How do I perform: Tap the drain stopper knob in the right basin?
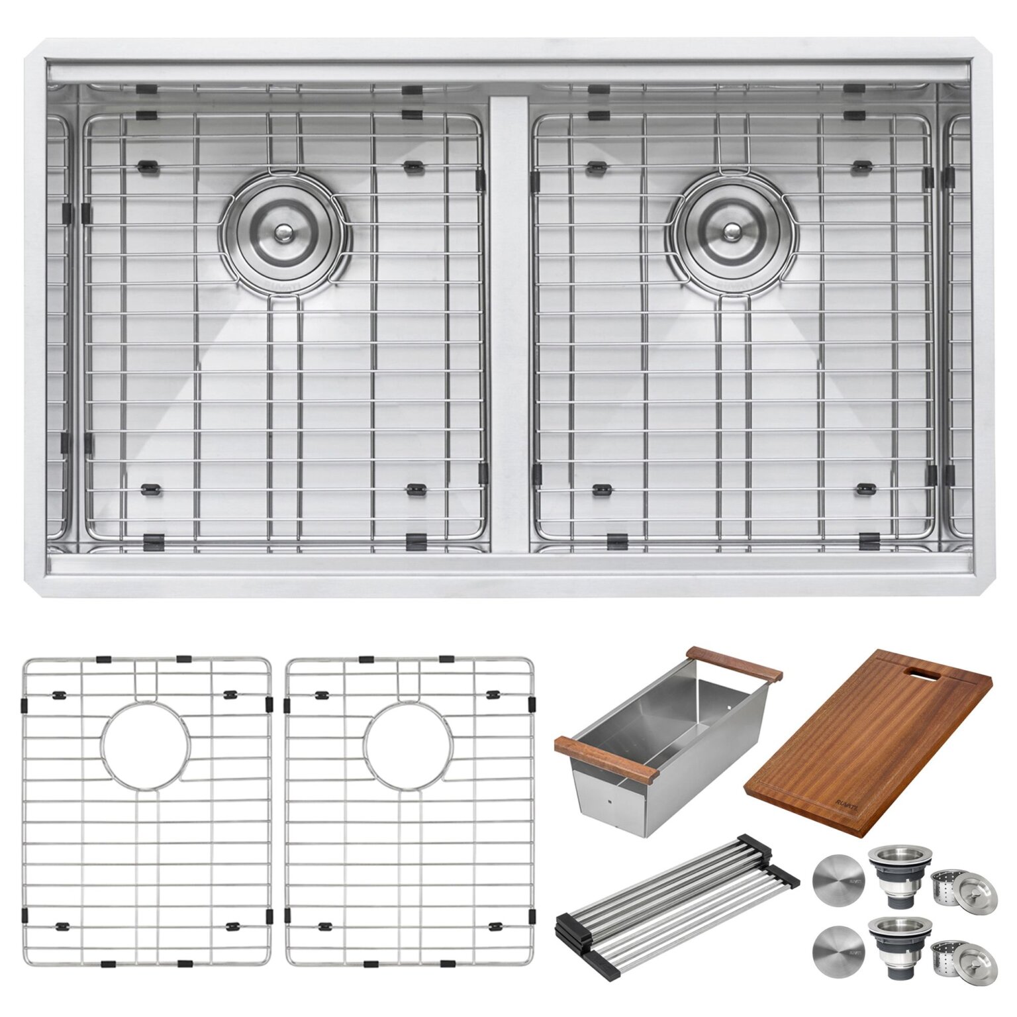click(x=732, y=232)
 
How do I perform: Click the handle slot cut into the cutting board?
click(x=930, y=674)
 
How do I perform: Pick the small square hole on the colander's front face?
click(x=608, y=800)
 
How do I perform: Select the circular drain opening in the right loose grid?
click(x=409, y=746)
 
